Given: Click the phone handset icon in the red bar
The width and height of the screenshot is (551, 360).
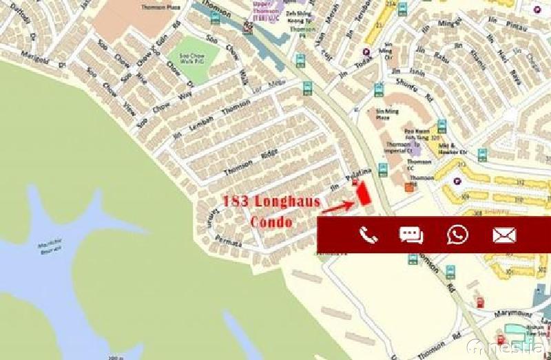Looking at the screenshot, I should (x=369, y=235).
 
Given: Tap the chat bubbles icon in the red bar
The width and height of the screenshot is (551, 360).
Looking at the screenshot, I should (x=411, y=235).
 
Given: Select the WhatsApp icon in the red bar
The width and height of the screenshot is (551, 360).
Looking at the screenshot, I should (x=457, y=234).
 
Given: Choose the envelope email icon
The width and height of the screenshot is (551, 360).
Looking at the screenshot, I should (x=504, y=235).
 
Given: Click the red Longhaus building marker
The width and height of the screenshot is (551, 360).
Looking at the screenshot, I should (x=363, y=193).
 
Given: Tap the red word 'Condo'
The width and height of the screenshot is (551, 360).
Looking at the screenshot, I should (x=271, y=222).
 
